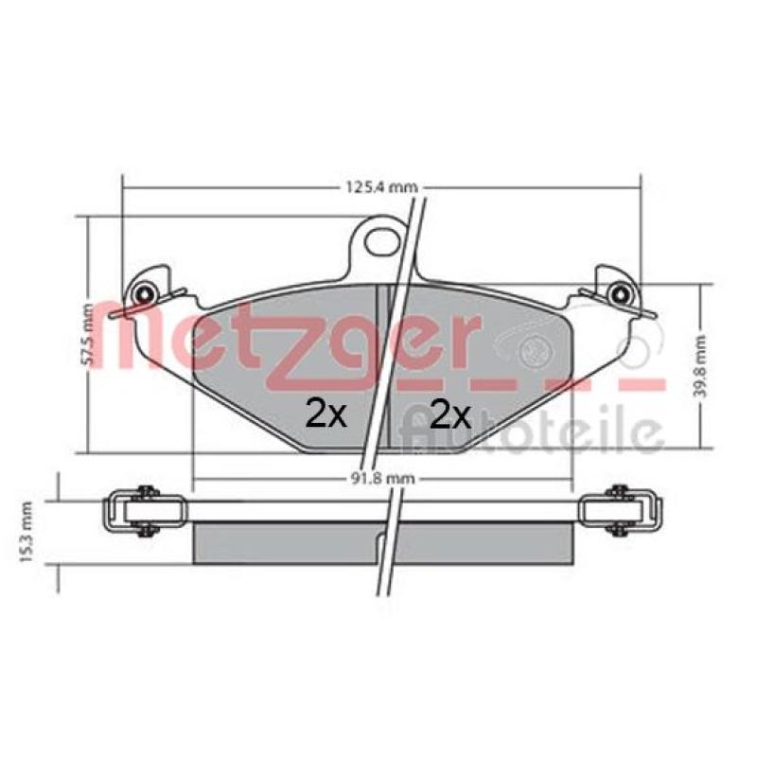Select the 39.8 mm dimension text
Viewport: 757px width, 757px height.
click(699, 366)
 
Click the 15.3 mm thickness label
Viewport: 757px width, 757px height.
click(26, 533)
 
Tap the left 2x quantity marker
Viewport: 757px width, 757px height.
click(326, 414)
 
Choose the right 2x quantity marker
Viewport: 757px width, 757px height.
click(450, 414)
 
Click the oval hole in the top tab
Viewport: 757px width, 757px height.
click(382, 241)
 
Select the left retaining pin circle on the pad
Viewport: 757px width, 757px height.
click(144, 294)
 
